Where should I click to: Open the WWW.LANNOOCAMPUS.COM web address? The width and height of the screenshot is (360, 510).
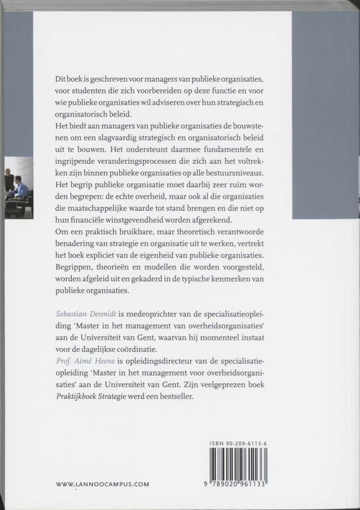(103, 484)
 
